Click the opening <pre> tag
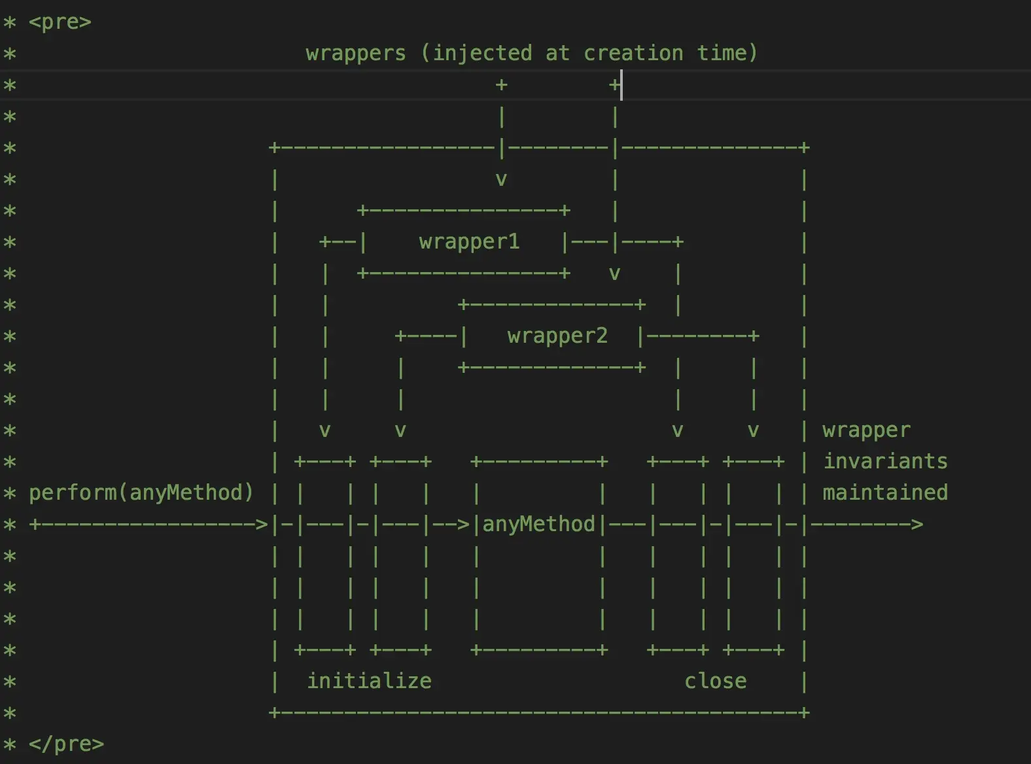pos(60,22)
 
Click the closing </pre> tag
pos(66,744)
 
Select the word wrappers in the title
pos(355,53)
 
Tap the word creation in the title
pos(633,53)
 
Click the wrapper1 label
pos(469,242)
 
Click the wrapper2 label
pos(557,336)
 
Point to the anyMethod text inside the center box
pos(538,525)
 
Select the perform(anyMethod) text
pos(141,493)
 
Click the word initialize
pos(369,682)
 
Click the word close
pos(715,682)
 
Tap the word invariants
pos(884,462)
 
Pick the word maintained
pos(884,493)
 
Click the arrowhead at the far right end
pos(917,525)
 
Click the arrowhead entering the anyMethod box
pos(463,525)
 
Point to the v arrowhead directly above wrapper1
pos(501,179)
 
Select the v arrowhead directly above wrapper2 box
pos(614,273)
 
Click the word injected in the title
pos(481,53)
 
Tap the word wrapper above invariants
pos(866,430)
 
